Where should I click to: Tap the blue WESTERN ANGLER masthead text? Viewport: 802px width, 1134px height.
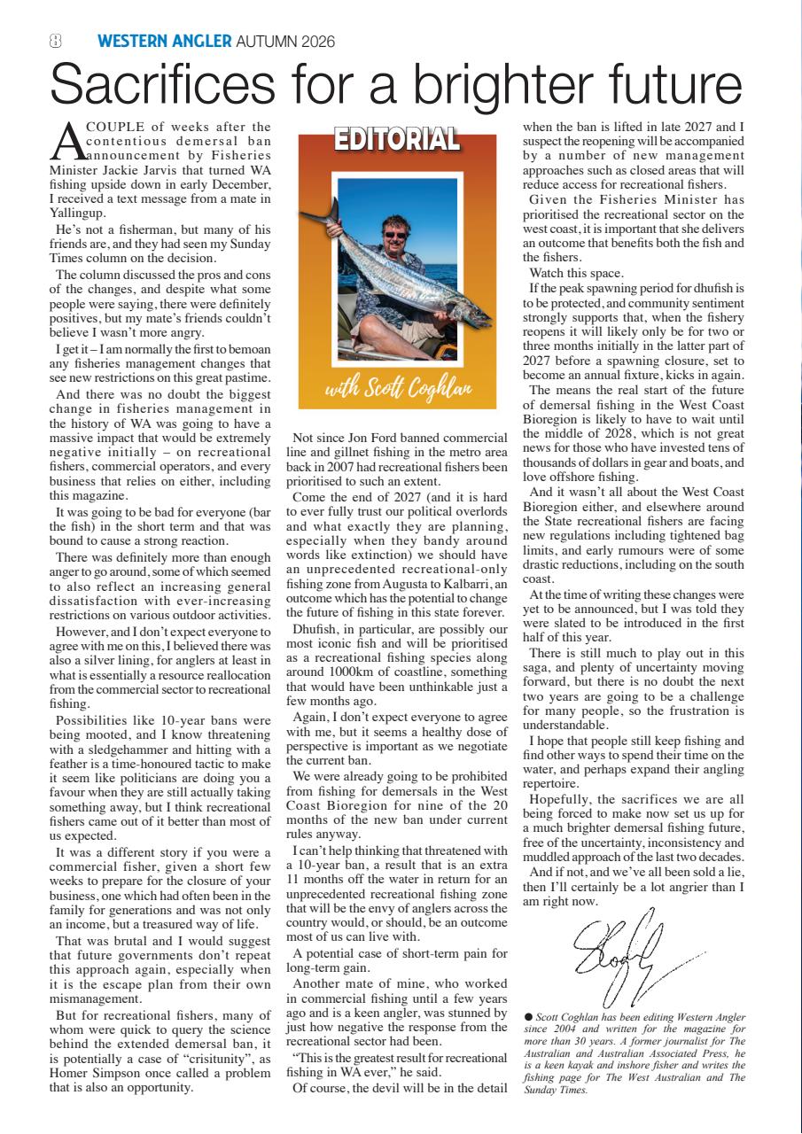click(x=164, y=41)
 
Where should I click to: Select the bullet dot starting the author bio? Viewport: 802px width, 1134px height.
click(x=528, y=1016)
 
